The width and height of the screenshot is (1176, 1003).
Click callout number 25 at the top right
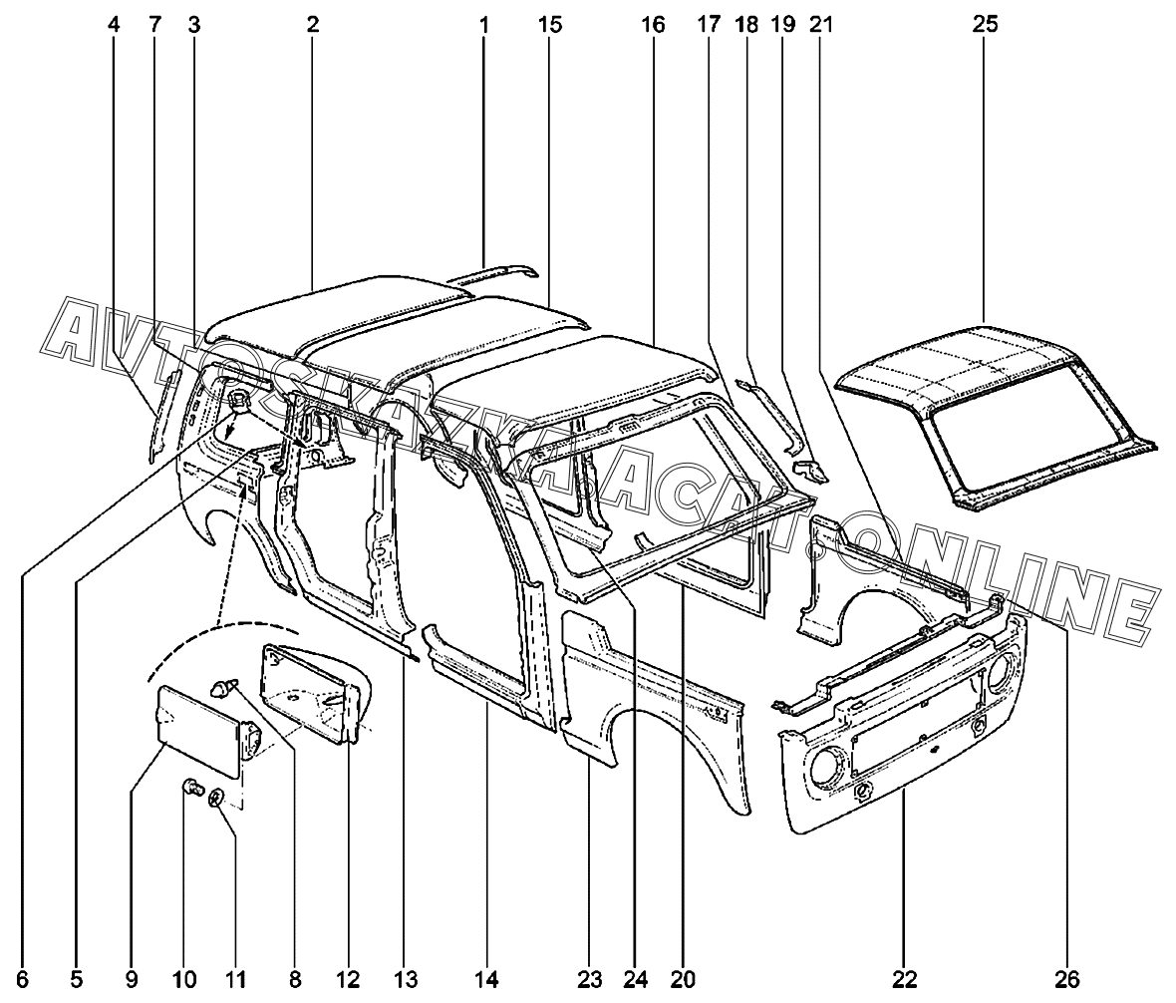985,25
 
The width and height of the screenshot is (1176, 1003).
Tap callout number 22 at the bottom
905,979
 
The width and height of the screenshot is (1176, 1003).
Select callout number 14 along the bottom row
485,979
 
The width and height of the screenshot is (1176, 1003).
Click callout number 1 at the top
483,25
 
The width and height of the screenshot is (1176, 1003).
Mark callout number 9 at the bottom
132,979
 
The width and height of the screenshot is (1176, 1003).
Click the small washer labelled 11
216,797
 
